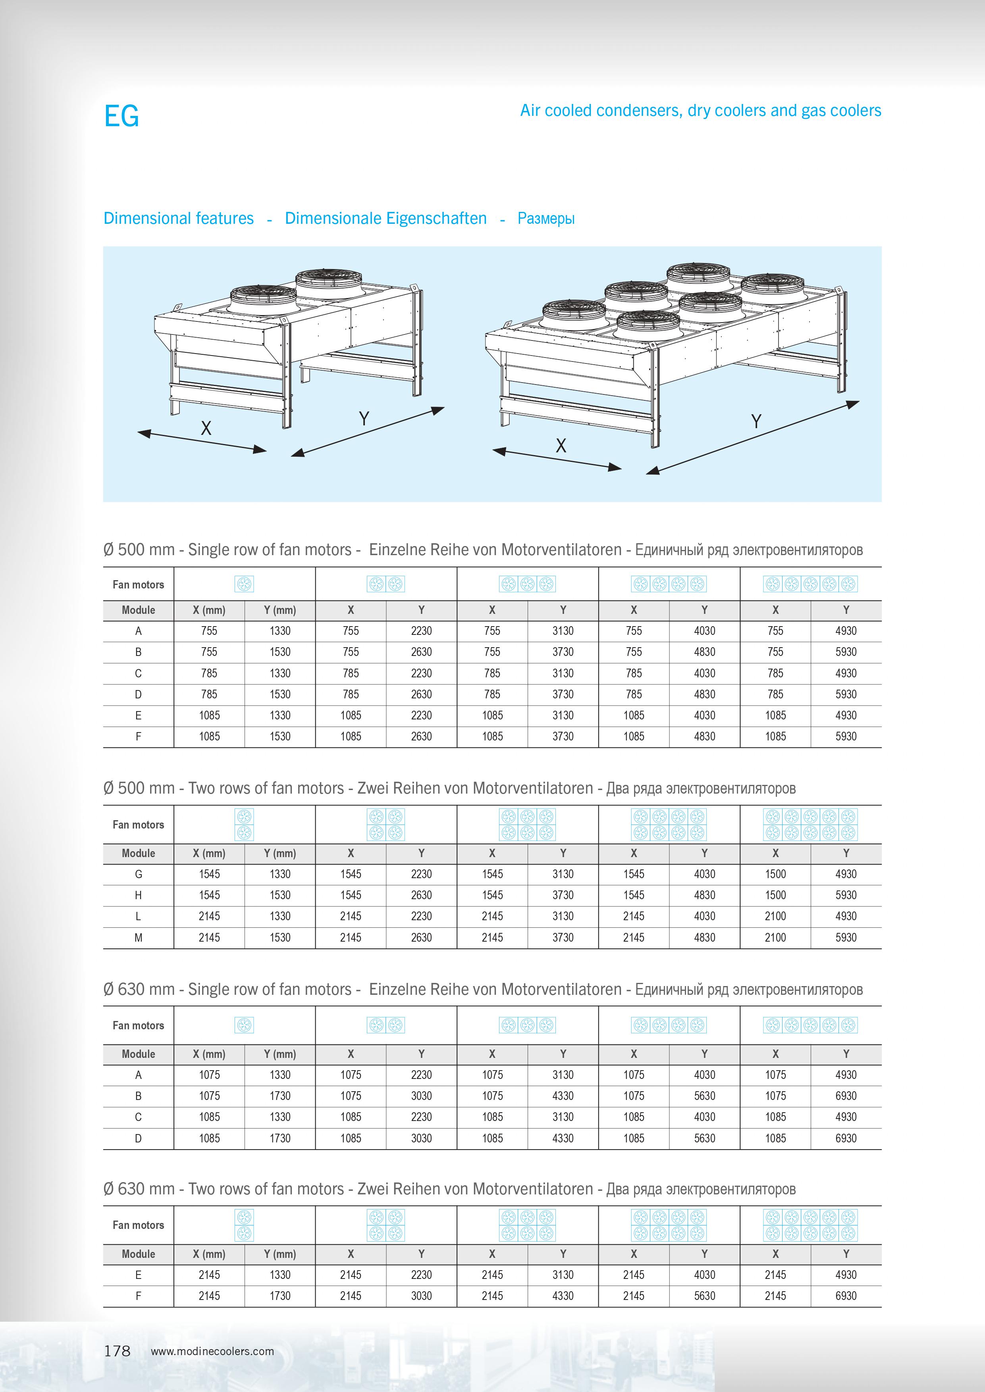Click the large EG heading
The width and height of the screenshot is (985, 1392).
121,116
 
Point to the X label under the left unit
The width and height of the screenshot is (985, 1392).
206,429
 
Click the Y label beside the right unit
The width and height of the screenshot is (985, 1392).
756,421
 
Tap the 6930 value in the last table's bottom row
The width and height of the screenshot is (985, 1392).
846,1296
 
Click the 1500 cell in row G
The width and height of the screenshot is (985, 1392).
775,874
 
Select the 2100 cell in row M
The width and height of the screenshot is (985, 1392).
775,937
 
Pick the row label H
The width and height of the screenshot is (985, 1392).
138,895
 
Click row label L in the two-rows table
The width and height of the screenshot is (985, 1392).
138,916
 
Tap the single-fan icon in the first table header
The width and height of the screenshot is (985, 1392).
244,584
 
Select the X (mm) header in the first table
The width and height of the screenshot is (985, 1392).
209,610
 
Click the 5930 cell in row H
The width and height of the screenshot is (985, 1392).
846,895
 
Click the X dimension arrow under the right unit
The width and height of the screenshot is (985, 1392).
557,460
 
